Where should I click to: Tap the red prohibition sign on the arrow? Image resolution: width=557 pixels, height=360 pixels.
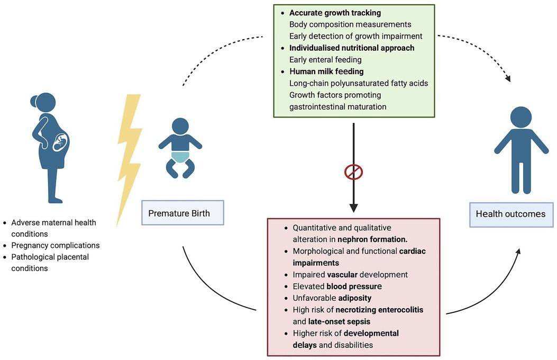(x=353, y=172)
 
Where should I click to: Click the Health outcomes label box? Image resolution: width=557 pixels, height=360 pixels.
(x=511, y=214)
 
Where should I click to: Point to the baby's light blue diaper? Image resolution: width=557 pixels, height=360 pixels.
(x=180, y=156)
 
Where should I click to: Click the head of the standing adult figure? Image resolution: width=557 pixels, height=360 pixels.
(x=521, y=118)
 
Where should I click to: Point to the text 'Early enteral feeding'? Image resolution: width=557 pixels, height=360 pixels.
(x=325, y=59)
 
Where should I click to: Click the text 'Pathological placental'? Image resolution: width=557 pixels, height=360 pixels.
(x=50, y=257)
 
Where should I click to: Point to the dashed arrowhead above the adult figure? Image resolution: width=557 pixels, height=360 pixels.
(x=509, y=79)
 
